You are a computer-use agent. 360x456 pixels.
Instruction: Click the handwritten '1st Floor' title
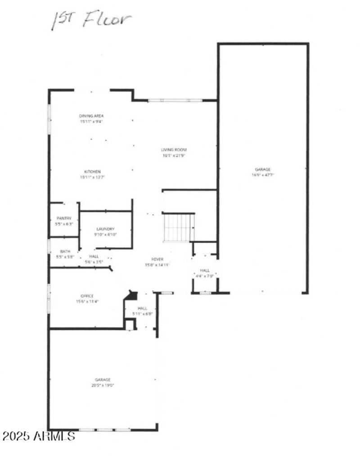[x=91, y=20]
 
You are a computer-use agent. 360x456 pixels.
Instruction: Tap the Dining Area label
[x=91, y=116]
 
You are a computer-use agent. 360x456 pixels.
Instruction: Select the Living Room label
[x=174, y=150]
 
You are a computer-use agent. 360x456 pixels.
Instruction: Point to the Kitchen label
[x=93, y=172]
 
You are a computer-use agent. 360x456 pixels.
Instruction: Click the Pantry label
[x=64, y=218]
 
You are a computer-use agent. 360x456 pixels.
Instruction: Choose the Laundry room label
[x=105, y=229]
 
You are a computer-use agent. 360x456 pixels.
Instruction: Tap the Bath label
[x=65, y=251]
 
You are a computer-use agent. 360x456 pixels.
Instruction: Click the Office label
[x=87, y=296]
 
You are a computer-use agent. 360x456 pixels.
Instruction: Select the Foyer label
[x=157, y=259]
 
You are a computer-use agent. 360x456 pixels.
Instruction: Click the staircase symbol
[x=179, y=227]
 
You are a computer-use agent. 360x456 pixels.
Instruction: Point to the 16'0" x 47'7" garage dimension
[x=263, y=175]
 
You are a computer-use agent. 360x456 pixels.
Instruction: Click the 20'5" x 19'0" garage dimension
[x=102, y=385]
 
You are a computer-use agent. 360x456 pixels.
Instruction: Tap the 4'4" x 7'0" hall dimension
[x=205, y=276]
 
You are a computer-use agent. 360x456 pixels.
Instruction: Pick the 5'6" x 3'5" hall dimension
[x=94, y=261]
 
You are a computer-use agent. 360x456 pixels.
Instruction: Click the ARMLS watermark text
[x=38, y=436]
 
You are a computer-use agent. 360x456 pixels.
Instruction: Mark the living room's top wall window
[x=175, y=100]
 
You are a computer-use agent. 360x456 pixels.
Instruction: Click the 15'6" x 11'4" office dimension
[x=87, y=301]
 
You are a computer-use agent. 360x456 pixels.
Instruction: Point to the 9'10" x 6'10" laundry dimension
[x=105, y=234]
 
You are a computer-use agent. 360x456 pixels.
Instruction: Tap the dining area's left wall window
[x=49, y=119]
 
